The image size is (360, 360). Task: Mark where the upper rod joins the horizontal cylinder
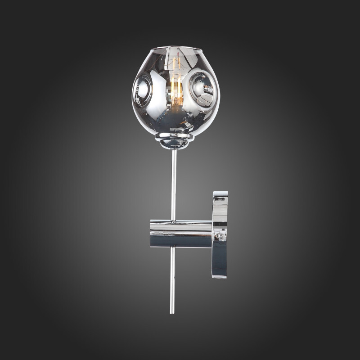[173, 221]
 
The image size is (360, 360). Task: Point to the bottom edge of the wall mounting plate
[220, 278]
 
